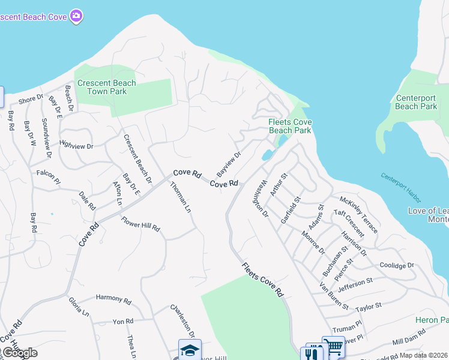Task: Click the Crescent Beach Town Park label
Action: (107, 87)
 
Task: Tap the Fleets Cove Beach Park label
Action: (289, 126)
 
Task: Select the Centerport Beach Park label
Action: (416, 102)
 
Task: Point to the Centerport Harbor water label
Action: (401, 187)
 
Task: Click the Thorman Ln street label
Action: (180, 198)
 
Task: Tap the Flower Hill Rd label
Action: (141, 224)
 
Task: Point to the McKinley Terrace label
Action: (359, 214)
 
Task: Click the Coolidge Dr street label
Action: (397, 265)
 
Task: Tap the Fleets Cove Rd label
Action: (262, 280)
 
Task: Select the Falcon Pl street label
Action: (49, 176)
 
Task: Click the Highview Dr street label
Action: (77, 145)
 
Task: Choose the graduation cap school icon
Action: (190, 350)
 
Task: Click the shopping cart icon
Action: (334, 347)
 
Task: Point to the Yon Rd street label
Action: (122, 322)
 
